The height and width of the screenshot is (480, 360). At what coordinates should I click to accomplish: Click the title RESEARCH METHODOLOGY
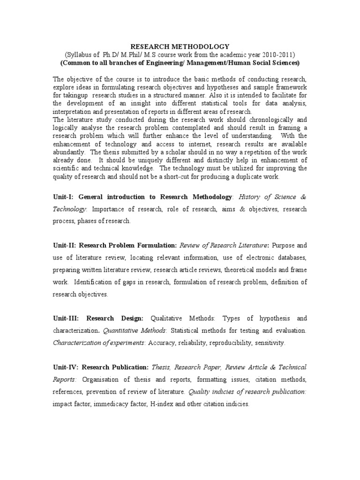pos(180,46)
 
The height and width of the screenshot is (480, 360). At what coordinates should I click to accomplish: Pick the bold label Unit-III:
pos(67,318)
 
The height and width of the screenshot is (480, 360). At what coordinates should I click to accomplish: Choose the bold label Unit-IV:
pos(67,367)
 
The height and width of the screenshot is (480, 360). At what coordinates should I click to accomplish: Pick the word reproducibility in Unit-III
pos(229,343)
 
